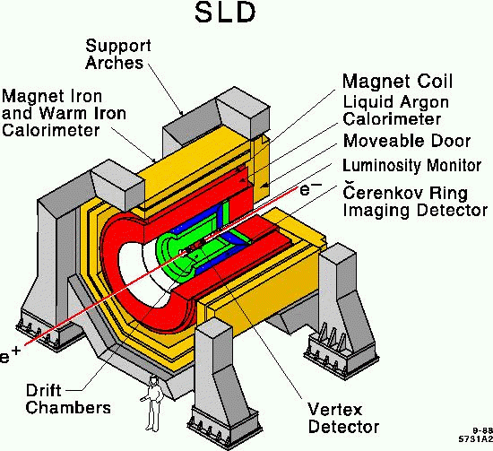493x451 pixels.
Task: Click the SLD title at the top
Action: pos(225,13)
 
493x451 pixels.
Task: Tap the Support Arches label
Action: pos(118,54)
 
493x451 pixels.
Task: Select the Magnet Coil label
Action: pos(397,81)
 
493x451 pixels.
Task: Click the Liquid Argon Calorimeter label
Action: pos(395,110)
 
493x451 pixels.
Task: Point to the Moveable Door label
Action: pos(407,141)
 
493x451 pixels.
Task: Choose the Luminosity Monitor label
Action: pos(412,166)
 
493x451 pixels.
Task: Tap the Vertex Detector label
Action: pos(343,419)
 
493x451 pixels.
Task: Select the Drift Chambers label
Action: pos(68,399)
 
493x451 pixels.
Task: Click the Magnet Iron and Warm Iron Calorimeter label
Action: pos(64,113)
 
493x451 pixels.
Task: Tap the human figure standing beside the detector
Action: pos(152,403)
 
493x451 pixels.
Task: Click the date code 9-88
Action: pos(482,430)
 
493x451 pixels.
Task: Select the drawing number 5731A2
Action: pos(476,438)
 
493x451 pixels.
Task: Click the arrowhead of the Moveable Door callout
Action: pos(264,186)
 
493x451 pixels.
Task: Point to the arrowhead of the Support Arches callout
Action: pos(180,113)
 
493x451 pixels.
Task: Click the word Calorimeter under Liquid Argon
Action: pos(392,119)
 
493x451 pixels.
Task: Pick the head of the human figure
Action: pos(153,379)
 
